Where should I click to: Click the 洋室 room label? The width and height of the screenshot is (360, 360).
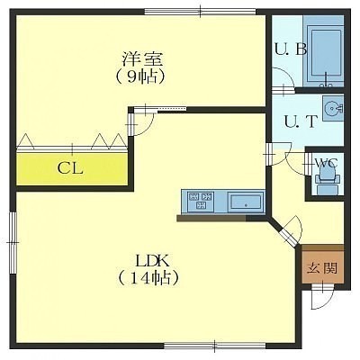[142, 59]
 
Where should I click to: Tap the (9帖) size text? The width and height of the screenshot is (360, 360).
[140, 77]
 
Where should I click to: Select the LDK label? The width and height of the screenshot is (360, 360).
[153, 260]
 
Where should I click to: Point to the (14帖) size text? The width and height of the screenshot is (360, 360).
[148, 278]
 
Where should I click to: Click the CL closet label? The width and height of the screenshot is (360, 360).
[70, 168]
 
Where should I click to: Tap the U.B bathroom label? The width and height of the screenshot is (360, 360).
[291, 49]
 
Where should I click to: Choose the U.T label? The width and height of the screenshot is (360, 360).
[301, 121]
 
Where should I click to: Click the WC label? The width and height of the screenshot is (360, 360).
[327, 164]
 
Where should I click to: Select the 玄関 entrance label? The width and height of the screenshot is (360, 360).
[322, 268]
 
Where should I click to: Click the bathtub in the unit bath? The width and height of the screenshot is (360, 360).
[325, 55]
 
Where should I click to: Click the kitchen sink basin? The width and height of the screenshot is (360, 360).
[246, 202]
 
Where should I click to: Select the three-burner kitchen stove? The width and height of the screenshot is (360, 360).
[200, 201]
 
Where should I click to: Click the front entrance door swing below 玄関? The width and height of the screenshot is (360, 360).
[322, 297]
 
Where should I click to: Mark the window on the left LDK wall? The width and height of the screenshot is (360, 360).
[13, 242]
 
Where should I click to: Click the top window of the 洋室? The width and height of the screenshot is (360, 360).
[201, 12]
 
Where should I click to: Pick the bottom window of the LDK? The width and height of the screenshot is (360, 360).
[215, 346]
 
